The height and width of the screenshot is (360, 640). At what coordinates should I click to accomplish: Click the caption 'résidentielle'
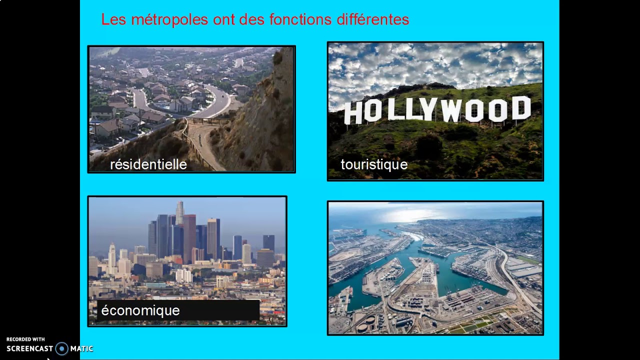[148, 164]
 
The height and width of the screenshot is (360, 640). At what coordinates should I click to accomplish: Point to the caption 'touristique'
[374, 164]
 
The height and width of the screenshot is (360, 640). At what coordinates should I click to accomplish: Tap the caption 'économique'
[140, 310]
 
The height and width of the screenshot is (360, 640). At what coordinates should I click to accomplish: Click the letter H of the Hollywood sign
[353, 113]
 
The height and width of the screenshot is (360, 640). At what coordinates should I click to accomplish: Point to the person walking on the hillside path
[200, 141]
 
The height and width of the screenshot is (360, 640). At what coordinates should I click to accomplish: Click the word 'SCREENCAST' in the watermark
[29, 349]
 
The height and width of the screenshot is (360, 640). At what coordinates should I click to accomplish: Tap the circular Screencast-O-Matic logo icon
[61, 348]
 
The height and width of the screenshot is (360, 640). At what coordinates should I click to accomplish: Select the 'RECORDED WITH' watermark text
[25, 339]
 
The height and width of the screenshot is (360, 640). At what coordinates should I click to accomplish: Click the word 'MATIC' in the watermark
[81, 349]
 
